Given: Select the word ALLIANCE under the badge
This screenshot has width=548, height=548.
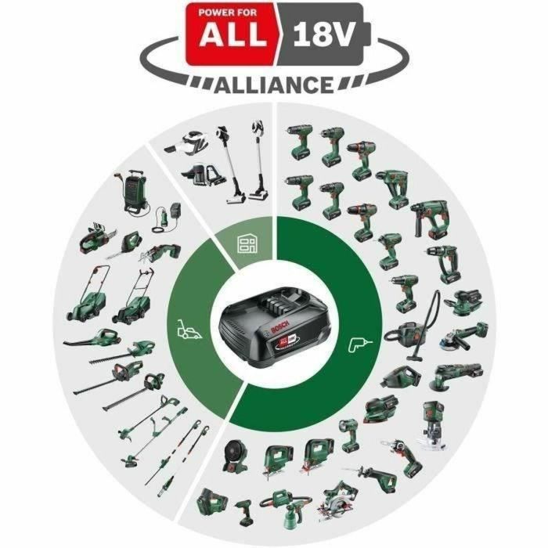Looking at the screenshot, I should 274,84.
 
